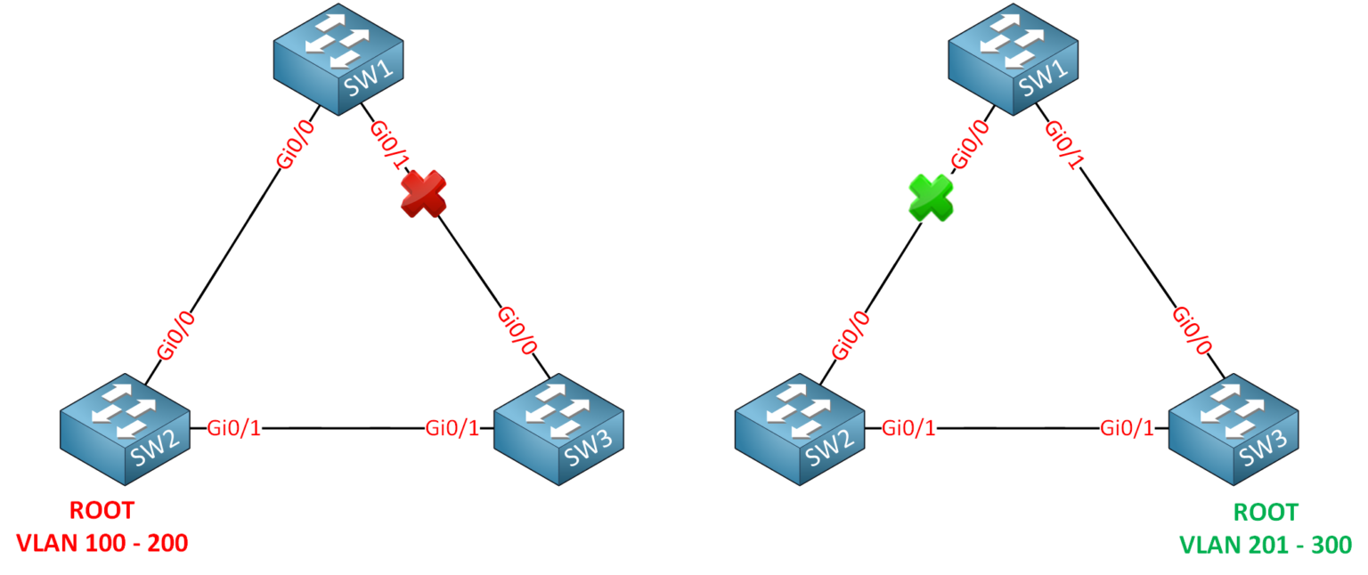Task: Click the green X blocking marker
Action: click(929, 197)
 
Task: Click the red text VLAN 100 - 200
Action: click(102, 543)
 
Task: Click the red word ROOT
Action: click(102, 511)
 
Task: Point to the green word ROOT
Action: click(1266, 512)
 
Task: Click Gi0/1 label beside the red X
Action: click(390, 144)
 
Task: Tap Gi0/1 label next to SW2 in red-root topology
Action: click(234, 428)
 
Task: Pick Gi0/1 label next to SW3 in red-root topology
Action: click(452, 428)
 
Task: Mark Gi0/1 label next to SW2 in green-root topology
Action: click(909, 428)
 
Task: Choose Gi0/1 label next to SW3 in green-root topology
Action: click(1128, 428)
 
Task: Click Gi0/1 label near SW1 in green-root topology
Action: click(1064, 144)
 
